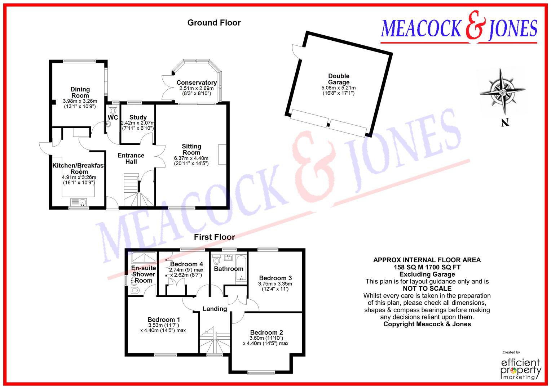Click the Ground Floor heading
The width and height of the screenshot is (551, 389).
(x=214, y=23)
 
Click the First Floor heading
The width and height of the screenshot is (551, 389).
(x=214, y=237)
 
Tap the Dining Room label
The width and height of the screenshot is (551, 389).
(x=80, y=92)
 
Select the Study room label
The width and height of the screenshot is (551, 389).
(x=138, y=117)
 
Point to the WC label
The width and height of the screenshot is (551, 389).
(x=113, y=118)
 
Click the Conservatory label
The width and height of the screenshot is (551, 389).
(x=197, y=83)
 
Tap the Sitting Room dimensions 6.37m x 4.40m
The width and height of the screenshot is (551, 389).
(x=191, y=158)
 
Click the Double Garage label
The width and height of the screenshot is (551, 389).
(x=339, y=79)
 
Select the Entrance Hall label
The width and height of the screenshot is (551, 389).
(x=131, y=158)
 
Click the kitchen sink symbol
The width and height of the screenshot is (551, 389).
(x=79, y=202)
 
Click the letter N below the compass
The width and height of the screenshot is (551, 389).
(x=505, y=123)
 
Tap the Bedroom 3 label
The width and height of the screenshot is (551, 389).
(x=275, y=278)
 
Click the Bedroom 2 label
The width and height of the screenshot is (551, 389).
(x=266, y=332)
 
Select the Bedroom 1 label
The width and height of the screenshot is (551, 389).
(x=164, y=319)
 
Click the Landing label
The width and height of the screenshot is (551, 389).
(x=215, y=309)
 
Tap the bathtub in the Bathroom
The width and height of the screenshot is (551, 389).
(x=241, y=268)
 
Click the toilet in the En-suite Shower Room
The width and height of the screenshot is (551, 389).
(x=135, y=290)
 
